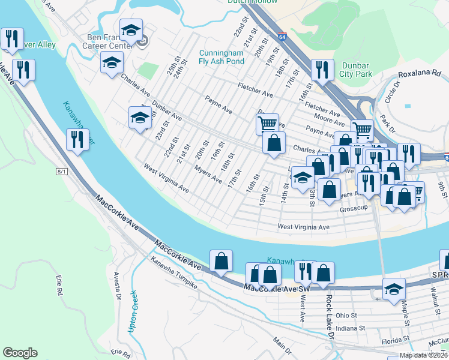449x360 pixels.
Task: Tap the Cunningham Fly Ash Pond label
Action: [x=222, y=56]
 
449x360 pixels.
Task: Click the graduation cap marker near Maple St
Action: [x=393, y=290]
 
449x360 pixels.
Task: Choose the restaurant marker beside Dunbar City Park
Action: [x=323, y=70]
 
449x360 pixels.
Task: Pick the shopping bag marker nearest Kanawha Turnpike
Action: [x=221, y=261]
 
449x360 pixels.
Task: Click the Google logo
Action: [x=20, y=353]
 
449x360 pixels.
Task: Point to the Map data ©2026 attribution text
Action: [x=423, y=355]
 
